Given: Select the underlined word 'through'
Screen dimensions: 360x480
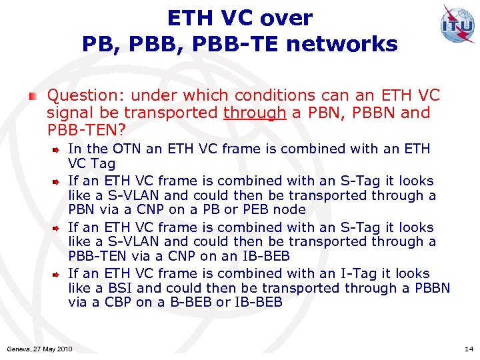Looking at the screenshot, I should click(x=255, y=113).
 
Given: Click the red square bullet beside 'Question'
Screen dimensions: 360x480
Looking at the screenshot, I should click(x=33, y=97).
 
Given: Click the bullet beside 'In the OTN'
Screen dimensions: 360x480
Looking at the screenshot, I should click(x=58, y=149).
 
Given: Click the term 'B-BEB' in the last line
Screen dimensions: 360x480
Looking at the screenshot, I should click(x=193, y=303).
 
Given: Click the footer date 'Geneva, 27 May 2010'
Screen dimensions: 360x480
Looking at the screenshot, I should click(x=39, y=349).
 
